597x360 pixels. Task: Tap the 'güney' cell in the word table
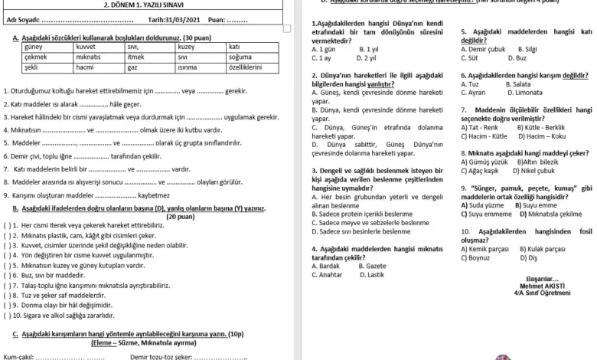tap(34, 47)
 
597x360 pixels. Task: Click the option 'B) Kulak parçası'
tap(543, 249)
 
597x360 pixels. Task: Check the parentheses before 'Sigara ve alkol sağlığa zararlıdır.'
tap(7, 315)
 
